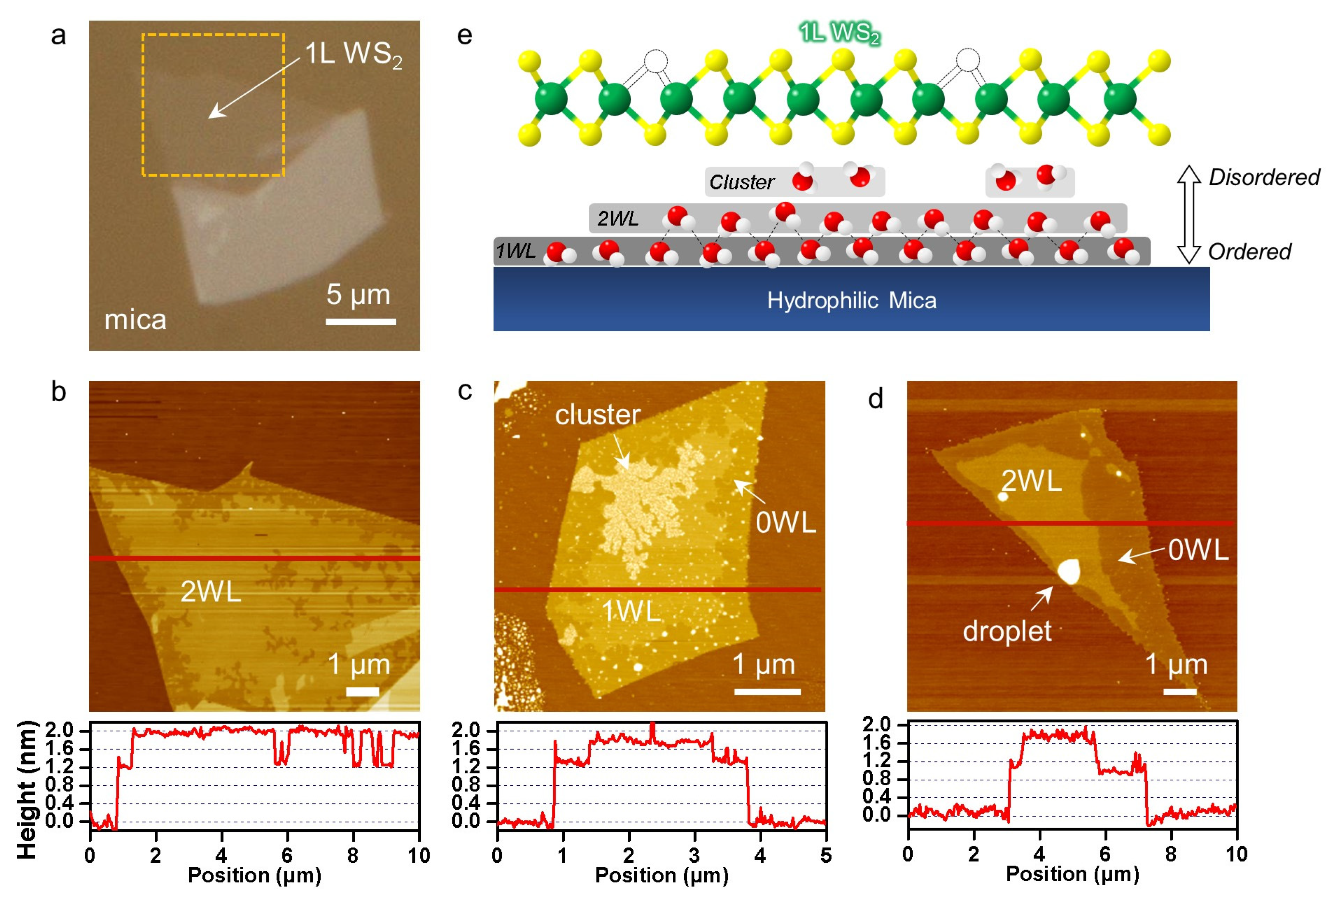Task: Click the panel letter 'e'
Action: pyautogui.click(x=464, y=36)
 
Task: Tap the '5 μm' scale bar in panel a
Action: pyautogui.click(x=361, y=321)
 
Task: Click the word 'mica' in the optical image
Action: pyautogui.click(x=135, y=320)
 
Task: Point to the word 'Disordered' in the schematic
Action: pyautogui.click(x=1264, y=177)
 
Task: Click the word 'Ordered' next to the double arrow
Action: pyautogui.click(x=1249, y=251)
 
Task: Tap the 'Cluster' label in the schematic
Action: pyautogui.click(x=741, y=182)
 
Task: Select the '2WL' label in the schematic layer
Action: pyautogui.click(x=618, y=219)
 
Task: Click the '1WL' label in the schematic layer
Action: pyautogui.click(x=515, y=251)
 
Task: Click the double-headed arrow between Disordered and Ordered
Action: pyautogui.click(x=1189, y=214)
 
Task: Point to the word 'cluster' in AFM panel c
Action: pyautogui.click(x=598, y=414)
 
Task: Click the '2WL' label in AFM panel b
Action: pyautogui.click(x=210, y=591)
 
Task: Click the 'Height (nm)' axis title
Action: pyautogui.click(x=26, y=790)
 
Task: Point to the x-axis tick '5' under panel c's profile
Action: pyautogui.click(x=825, y=856)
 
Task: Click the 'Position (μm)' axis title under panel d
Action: pyautogui.click(x=1072, y=874)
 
